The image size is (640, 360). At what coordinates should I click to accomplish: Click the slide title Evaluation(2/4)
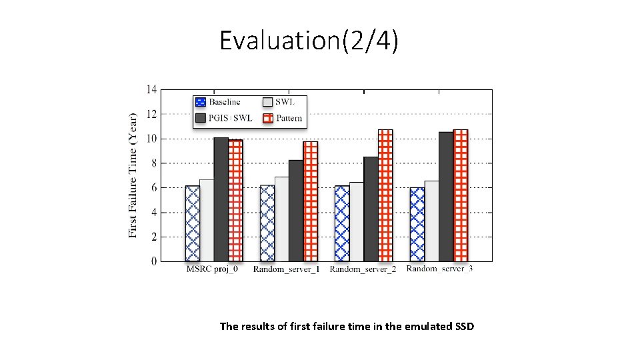coord(309,41)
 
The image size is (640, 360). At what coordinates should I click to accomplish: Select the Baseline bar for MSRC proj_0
coord(192,223)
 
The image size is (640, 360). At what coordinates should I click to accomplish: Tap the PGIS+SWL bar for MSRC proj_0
coord(221,199)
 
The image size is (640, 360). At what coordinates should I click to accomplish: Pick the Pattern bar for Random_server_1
coord(311,201)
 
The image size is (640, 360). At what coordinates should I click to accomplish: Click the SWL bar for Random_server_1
coord(281,219)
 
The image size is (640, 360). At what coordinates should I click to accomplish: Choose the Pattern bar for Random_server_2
coord(385,195)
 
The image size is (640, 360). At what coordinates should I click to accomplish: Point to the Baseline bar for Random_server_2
coord(342,223)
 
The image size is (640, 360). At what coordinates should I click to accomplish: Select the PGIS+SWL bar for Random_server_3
coord(446,197)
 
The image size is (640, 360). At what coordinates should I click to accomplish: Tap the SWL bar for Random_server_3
coord(431,221)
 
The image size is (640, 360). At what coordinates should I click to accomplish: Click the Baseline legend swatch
coord(201,102)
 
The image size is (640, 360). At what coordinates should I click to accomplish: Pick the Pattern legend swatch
coord(268,119)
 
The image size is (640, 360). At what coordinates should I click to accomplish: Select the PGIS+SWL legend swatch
coord(201,119)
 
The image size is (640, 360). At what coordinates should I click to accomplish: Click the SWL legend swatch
coord(268,102)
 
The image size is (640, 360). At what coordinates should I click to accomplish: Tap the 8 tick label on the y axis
coord(154,163)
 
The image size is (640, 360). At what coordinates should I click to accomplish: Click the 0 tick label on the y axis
coord(154,261)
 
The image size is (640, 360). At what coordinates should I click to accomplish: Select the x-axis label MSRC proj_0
coord(212,269)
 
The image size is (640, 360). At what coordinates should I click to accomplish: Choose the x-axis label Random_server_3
coord(439,269)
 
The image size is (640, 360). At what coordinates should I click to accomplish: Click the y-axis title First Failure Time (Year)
coord(133,175)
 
